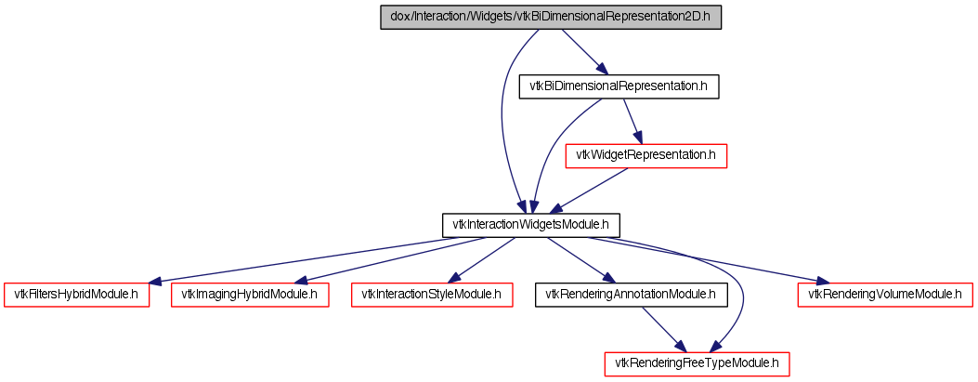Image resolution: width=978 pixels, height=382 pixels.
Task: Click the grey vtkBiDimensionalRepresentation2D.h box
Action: point(551,18)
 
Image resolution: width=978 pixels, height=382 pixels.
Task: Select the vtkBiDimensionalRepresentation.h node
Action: point(619,86)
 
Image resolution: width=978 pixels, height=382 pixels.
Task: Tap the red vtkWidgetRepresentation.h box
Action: point(645,155)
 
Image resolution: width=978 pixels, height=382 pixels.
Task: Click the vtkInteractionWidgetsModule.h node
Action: point(529,224)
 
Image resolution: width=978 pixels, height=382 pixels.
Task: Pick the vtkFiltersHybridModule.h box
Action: point(77,294)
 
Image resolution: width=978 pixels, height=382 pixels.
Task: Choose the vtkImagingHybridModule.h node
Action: point(250,294)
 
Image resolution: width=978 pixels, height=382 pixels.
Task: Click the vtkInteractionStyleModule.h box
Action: point(432,294)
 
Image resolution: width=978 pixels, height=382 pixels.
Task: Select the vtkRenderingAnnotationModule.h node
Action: point(631,294)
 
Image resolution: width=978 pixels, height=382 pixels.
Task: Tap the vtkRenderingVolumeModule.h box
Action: point(885,294)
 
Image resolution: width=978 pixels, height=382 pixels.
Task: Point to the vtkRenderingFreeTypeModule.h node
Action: point(697,362)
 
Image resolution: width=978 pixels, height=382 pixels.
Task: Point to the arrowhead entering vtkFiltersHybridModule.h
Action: point(155,281)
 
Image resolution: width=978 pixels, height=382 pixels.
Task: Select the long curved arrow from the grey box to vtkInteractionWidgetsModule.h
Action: point(502,121)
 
